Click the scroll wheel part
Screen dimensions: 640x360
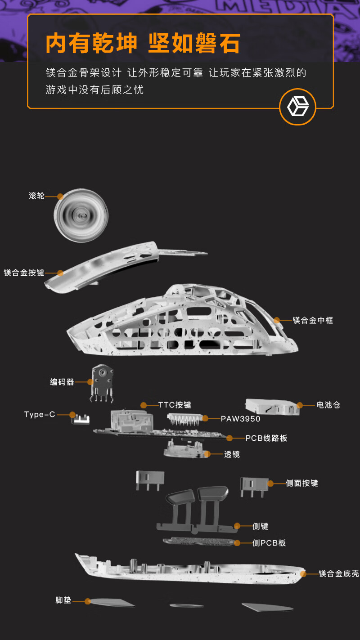(x=81, y=215)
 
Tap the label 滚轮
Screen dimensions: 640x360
(x=36, y=196)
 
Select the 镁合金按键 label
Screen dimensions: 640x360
(x=24, y=273)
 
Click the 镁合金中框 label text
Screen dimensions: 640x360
(x=313, y=320)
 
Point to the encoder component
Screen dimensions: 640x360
(x=102, y=382)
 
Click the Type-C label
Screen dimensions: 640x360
(x=40, y=414)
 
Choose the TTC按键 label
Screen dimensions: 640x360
(x=175, y=405)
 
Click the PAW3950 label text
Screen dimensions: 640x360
(x=240, y=418)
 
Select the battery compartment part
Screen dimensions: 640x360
(x=272, y=406)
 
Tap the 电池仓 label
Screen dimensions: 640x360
(x=328, y=405)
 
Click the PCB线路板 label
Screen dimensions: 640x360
(x=266, y=438)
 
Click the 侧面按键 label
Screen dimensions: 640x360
(x=302, y=483)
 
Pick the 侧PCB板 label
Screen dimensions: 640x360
(x=269, y=543)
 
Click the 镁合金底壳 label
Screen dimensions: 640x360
(x=339, y=573)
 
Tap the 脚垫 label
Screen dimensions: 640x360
(x=63, y=600)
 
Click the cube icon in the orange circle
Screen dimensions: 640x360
(x=297, y=107)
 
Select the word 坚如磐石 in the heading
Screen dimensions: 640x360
(x=194, y=43)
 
